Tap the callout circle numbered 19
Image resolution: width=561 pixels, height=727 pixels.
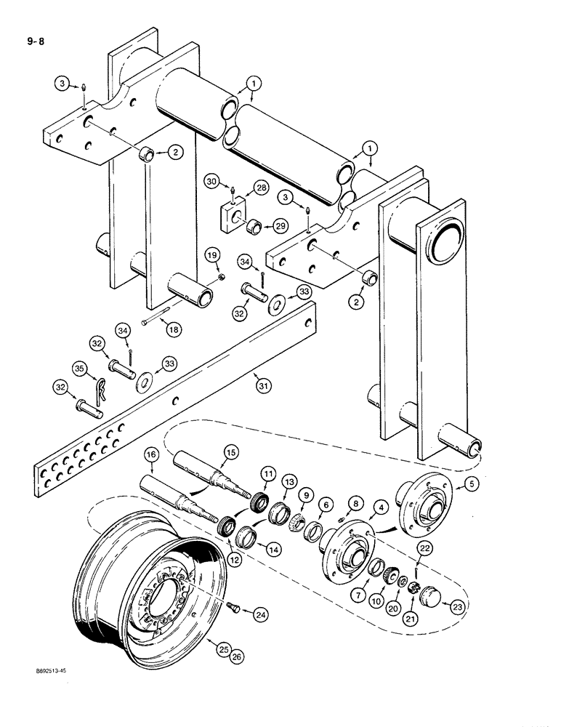[x=211, y=255]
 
